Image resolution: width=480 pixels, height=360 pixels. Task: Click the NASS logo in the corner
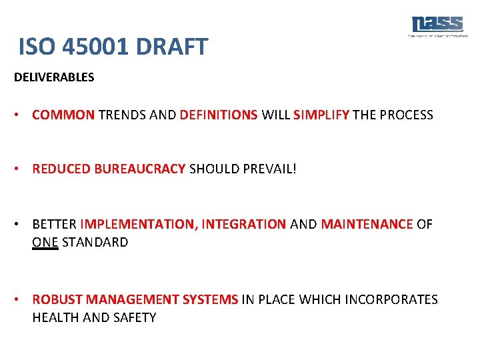(437, 25)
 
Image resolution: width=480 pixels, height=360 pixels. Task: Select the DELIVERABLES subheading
(54, 77)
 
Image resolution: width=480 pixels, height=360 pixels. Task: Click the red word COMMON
(63, 115)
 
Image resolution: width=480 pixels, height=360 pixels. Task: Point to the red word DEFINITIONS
(219, 115)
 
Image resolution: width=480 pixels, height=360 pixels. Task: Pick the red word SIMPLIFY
(321, 115)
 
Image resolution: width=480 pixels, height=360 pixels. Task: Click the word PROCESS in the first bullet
(407, 115)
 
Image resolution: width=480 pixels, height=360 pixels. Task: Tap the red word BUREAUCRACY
(140, 169)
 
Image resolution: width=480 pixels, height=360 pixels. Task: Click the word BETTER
(54, 225)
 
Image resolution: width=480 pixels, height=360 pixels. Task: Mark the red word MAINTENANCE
(367, 225)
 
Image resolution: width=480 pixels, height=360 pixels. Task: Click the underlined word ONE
(45, 242)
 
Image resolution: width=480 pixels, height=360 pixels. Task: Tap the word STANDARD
(95, 242)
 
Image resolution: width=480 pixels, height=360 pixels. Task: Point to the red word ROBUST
(57, 300)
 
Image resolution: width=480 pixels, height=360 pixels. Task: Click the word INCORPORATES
(391, 300)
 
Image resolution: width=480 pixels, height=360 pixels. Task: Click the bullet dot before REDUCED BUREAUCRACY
(21, 169)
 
